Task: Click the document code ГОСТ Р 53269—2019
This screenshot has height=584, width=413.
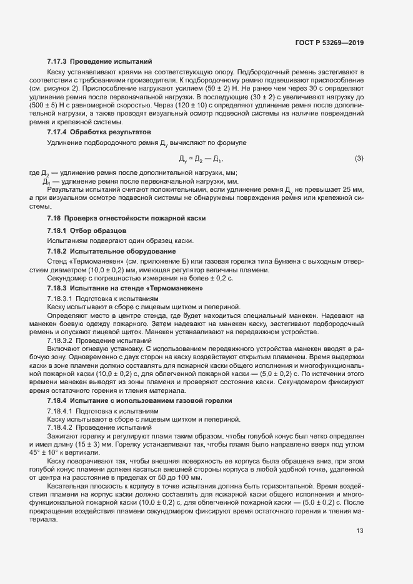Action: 329,43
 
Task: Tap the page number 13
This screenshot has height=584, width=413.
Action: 360,532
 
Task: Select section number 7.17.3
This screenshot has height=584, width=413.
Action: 57,62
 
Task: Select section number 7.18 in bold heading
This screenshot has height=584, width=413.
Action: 54,218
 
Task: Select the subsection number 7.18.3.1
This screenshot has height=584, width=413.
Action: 61,300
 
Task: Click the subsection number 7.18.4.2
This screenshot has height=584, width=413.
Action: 61,428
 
